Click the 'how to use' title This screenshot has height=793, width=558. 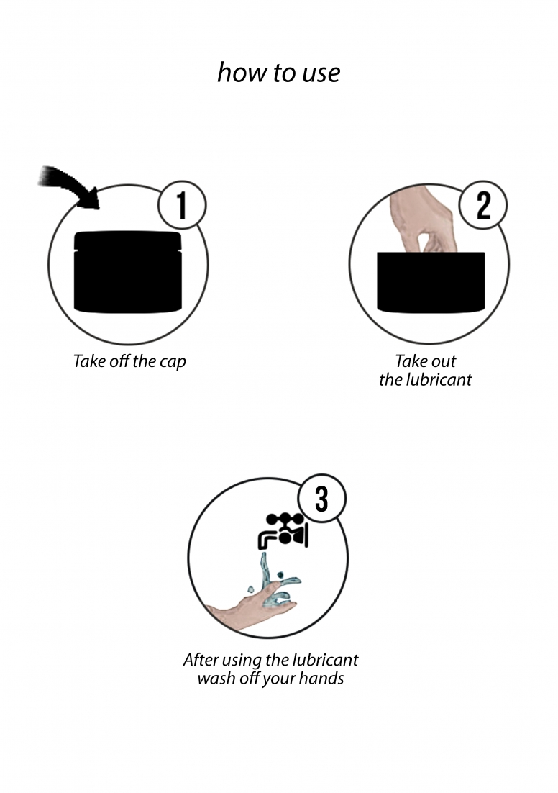[x=278, y=73]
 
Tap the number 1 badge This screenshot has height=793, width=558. [x=182, y=206]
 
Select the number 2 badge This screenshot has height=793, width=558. [x=483, y=205]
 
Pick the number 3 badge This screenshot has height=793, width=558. [x=322, y=499]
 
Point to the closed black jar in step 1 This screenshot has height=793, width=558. [x=128, y=271]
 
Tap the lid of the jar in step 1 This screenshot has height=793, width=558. [x=128, y=240]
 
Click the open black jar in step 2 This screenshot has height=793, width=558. [x=431, y=281]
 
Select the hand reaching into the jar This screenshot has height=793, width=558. [x=424, y=220]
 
